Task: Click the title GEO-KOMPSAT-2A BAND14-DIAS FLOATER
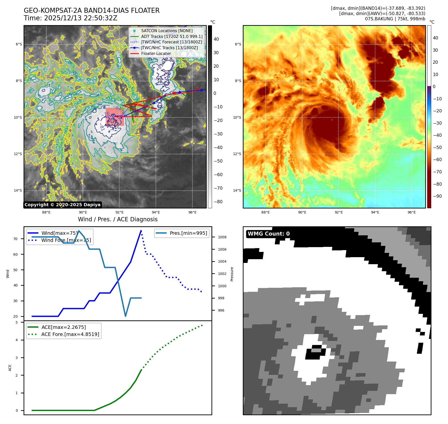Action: tap(91, 11)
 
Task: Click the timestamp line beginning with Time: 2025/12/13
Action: tap(70, 18)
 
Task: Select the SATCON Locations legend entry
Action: tap(167, 31)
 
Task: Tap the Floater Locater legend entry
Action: tap(156, 53)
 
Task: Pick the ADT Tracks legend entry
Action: tap(172, 36)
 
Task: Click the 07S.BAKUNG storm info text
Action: tap(395, 19)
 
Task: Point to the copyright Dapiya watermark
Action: tap(62, 205)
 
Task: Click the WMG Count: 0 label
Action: tap(269, 234)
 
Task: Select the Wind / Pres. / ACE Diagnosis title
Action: tap(118, 219)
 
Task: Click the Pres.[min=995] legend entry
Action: tap(188, 233)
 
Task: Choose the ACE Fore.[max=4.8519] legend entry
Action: tap(70, 334)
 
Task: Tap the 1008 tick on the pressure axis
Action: tap(222, 237)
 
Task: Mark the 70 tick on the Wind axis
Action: tap(16, 239)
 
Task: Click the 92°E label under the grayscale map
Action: tap(119, 212)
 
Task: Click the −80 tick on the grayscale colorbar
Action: tap(218, 202)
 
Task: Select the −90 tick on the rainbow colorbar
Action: tap(437, 196)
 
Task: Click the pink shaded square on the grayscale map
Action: tap(115, 117)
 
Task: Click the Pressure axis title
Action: tap(232, 274)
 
